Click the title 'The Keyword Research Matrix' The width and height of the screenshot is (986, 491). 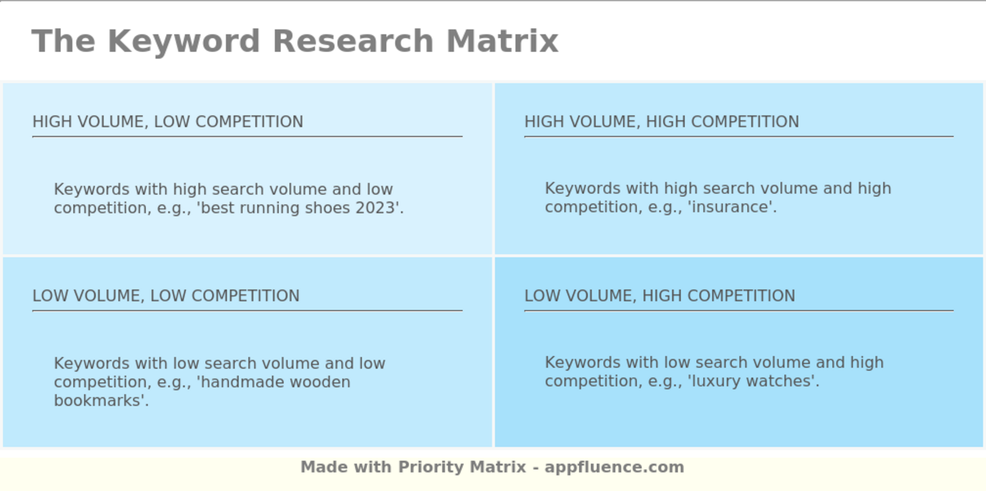tap(294, 41)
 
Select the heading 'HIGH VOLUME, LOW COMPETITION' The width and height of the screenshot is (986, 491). tap(168, 122)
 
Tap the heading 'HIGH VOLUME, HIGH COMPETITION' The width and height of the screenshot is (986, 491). tap(661, 122)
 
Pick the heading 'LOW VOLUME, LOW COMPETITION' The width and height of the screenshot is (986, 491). tap(166, 296)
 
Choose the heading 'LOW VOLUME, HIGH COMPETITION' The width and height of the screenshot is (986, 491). tap(659, 296)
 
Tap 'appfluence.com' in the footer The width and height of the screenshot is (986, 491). tap(614, 467)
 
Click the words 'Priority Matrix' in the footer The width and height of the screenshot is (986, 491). tap(462, 467)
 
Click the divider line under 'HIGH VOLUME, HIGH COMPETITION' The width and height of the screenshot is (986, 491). tap(738, 136)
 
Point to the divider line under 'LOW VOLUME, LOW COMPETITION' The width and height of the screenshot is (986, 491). tap(246, 310)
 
